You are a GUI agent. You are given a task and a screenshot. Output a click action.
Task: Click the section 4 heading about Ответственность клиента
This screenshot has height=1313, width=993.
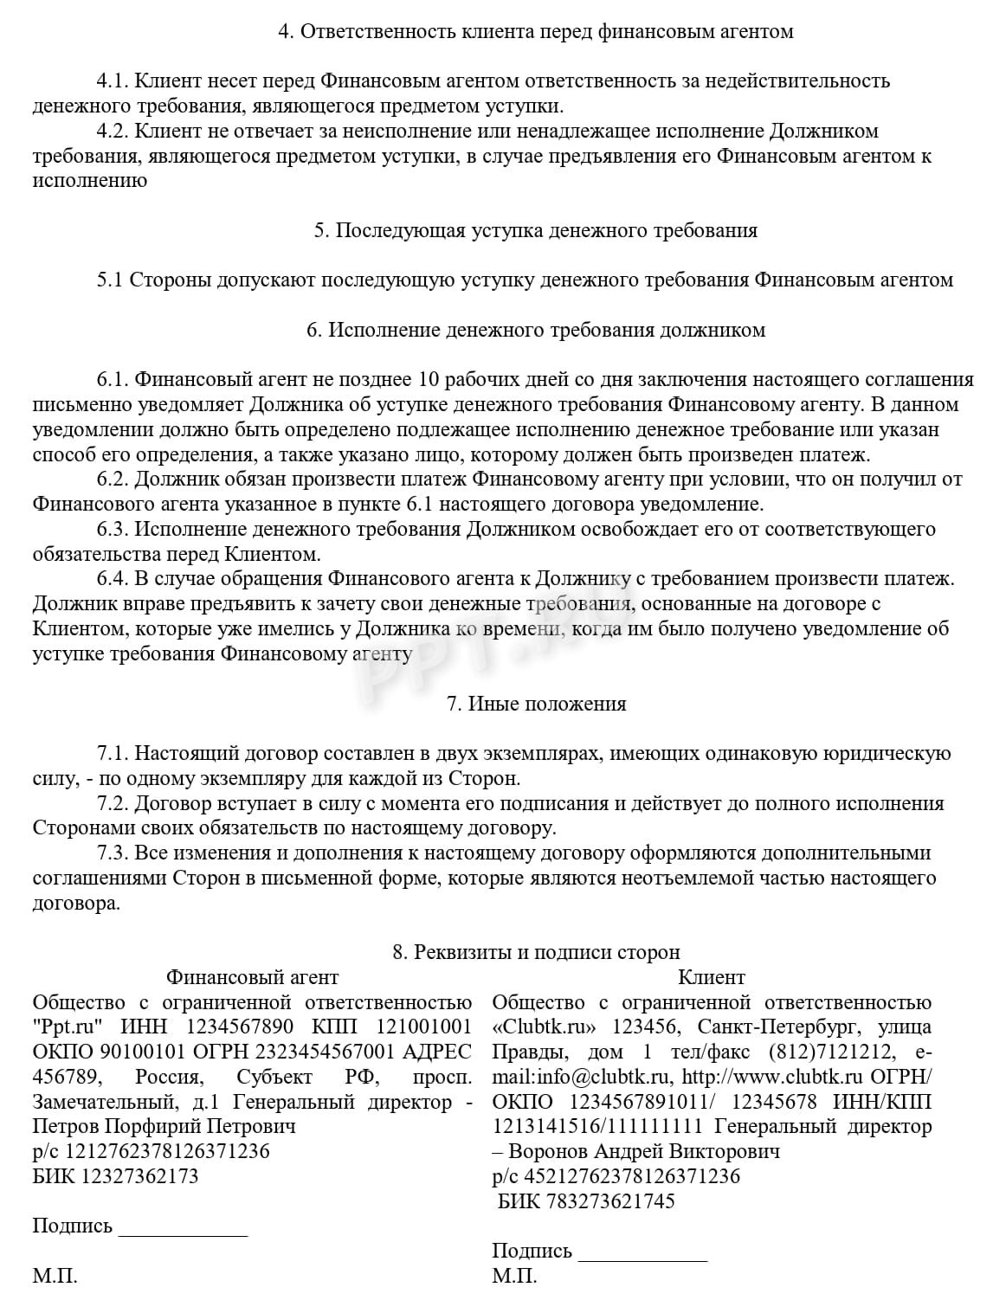pyautogui.click(x=535, y=32)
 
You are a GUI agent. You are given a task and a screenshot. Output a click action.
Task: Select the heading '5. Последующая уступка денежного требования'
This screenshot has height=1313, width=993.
pyautogui.click(x=535, y=230)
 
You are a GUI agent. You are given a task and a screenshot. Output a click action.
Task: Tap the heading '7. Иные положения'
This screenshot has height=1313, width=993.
pyautogui.click(x=536, y=704)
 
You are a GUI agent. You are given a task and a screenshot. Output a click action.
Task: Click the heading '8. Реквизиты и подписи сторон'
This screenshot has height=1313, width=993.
pyautogui.click(x=536, y=953)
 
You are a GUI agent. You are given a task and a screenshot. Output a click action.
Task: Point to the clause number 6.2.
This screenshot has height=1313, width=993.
pyautogui.click(x=113, y=480)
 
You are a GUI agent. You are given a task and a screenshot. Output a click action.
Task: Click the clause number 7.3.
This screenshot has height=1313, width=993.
pyautogui.click(x=113, y=853)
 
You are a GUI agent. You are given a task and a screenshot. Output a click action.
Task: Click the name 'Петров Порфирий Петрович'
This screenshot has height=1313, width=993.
pyautogui.click(x=164, y=1127)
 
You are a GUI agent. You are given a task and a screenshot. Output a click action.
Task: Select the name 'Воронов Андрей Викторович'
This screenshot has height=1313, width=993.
pyautogui.click(x=644, y=1152)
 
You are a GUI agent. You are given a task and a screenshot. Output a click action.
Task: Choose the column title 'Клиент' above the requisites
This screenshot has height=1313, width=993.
pyautogui.click(x=711, y=978)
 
